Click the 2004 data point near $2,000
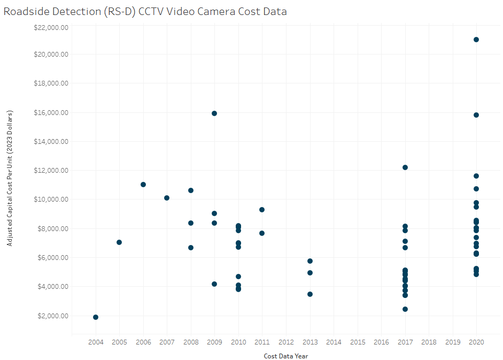point(96,317)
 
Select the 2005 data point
point(119,242)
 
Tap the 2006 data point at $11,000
point(143,185)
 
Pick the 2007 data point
point(167,198)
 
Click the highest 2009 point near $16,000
point(214,113)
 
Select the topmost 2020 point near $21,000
point(476,40)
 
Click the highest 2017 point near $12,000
point(405,167)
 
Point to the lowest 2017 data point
point(405,309)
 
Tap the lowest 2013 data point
point(310,294)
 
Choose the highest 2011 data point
point(262,210)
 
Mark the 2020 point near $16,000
point(476,115)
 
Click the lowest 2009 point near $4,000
point(214,284)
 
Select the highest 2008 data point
point(191,190)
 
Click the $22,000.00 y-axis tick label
point(50,25)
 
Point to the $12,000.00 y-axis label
point(50,171)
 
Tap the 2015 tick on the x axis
point(358,342)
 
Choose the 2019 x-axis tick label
point(453,342)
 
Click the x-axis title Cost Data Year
point(286,356)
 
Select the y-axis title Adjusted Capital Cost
point(10,178)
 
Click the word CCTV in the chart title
point(153,11)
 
